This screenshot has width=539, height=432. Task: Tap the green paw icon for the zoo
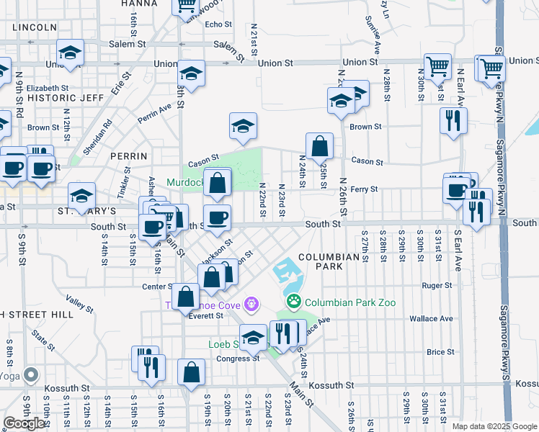(x=293, y=300)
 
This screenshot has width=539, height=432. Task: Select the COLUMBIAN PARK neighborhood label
(x=329, y=257)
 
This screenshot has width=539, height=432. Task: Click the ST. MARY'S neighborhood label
(x=86, y=211)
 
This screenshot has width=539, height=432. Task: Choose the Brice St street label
(x=440, y=352)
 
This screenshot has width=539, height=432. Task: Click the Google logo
(x=24, y=423)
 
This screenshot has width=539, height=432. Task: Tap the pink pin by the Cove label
(x=251, y=305)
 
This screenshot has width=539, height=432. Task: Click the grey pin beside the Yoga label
(x=30, y=375)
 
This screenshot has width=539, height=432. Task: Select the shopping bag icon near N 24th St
(x=319, y=146)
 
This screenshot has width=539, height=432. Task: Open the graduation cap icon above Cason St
(x=243, y=126)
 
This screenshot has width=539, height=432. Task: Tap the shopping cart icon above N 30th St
(x=437, y=67)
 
